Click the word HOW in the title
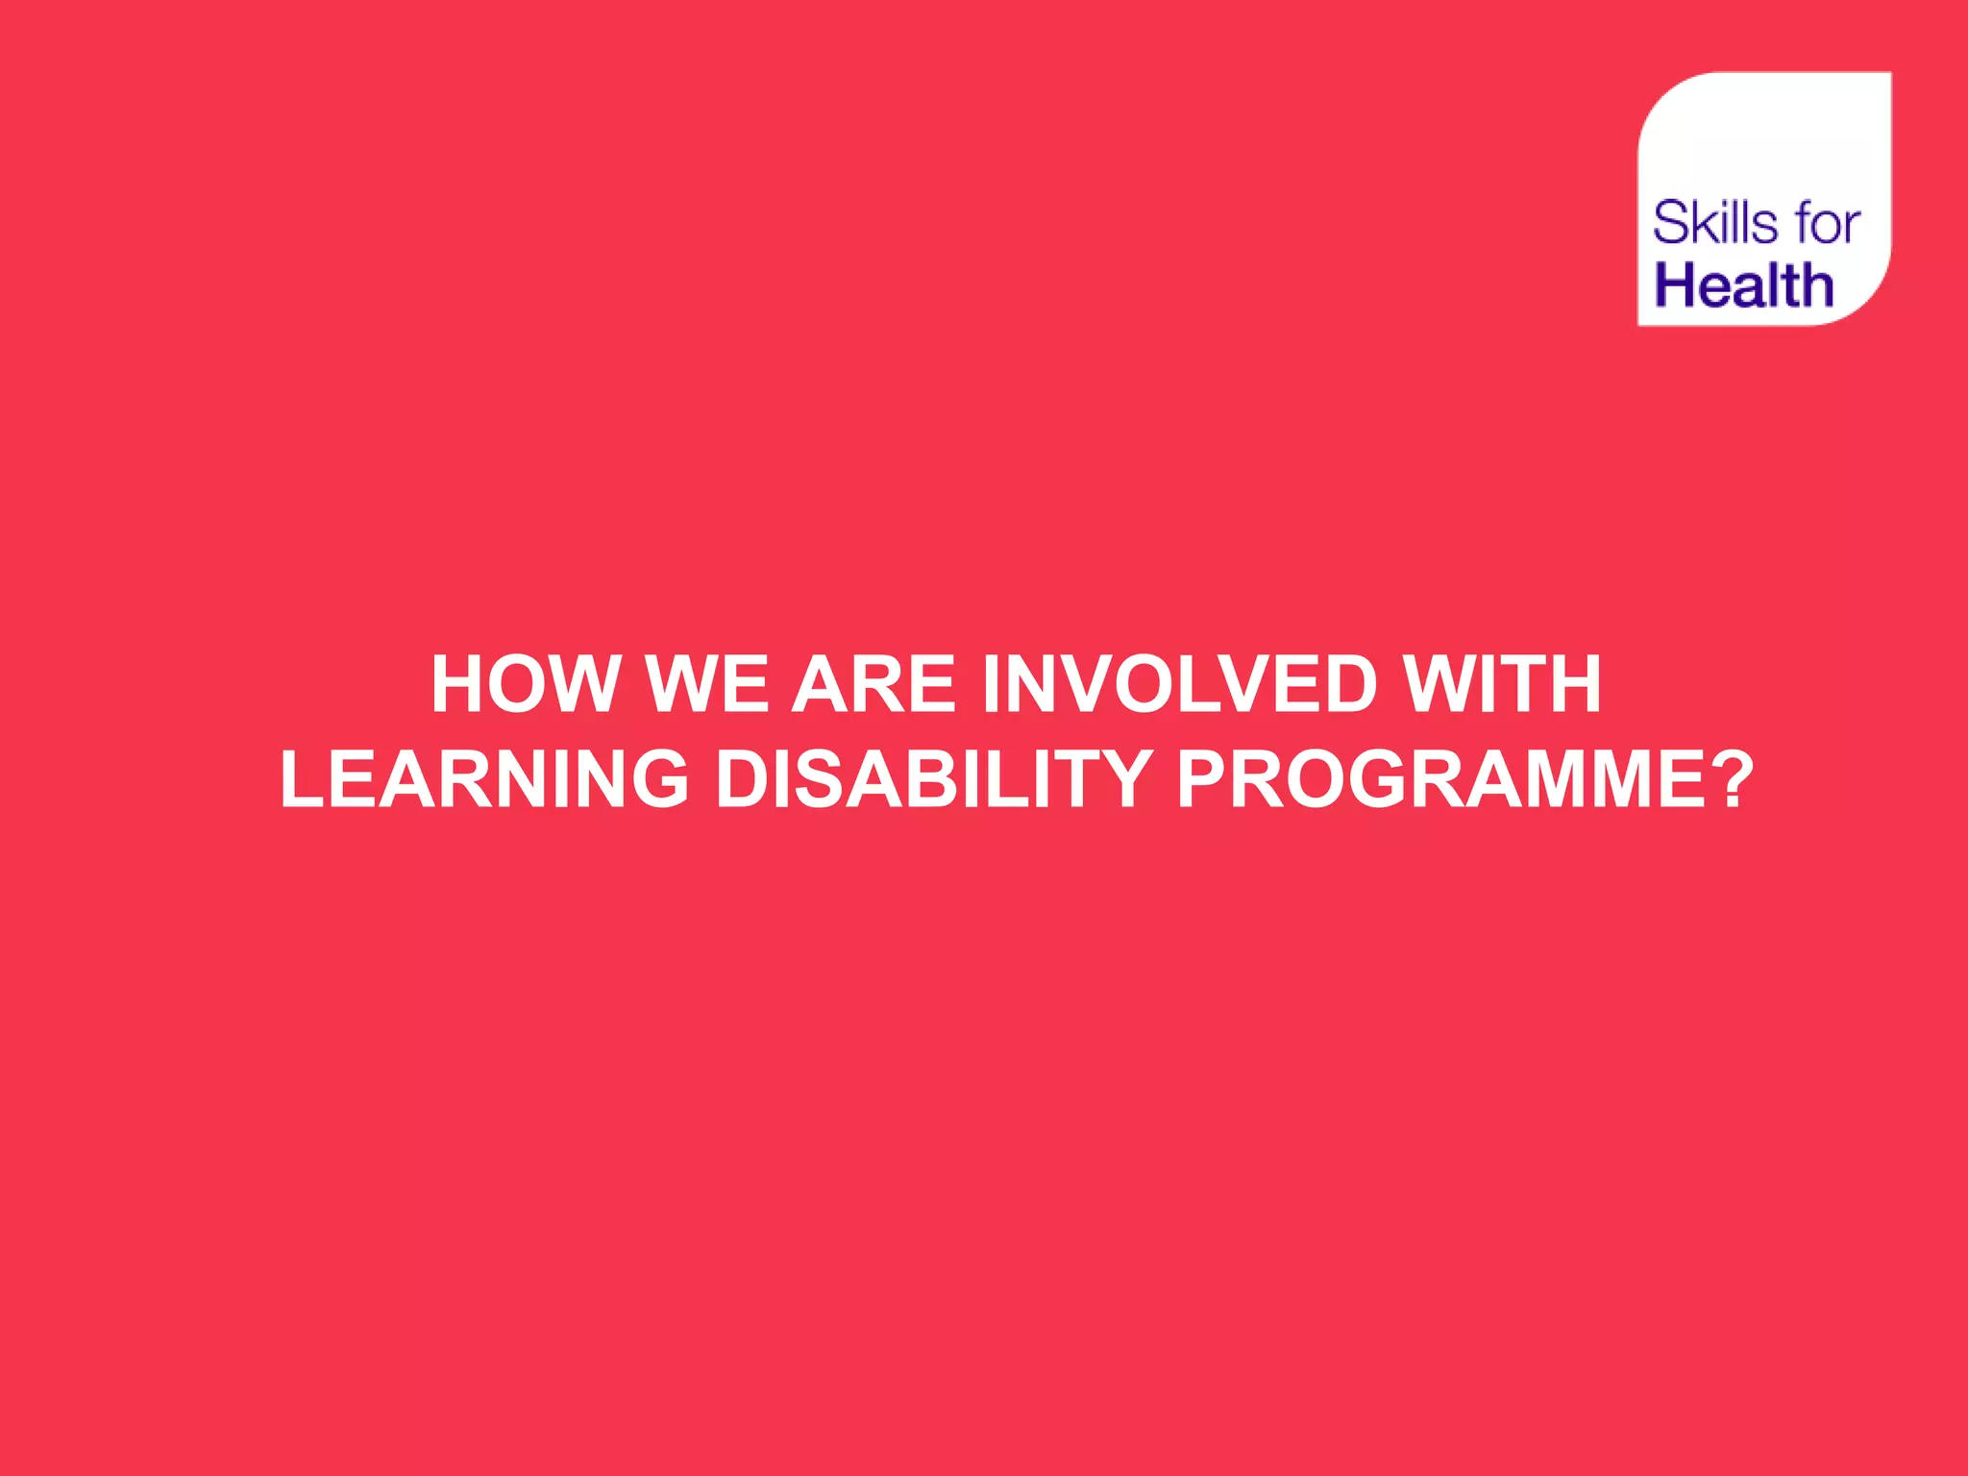pos(525,684)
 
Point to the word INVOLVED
pos(1180,684)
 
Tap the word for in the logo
pos(1827,224)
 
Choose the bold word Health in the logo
pos(1744,285)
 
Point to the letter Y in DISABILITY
pos(1125,778)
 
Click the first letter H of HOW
pos(457,684)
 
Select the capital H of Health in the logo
pos(1678,285)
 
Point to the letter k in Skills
pos(1706,224)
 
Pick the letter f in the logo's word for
pos(1798,224)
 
